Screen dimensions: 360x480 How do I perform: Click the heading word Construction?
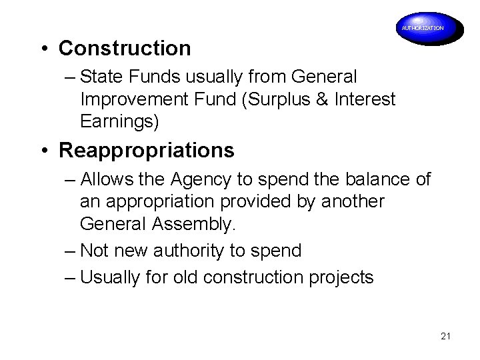pyautogui.click(x=125, y=48)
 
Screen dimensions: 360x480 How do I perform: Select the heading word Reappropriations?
pyautogui.click(x=147, y=150)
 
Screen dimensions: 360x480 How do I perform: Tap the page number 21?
pyautogui.click(x=446, y=337)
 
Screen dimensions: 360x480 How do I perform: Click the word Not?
pyautogui.click(x=95, y=251)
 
